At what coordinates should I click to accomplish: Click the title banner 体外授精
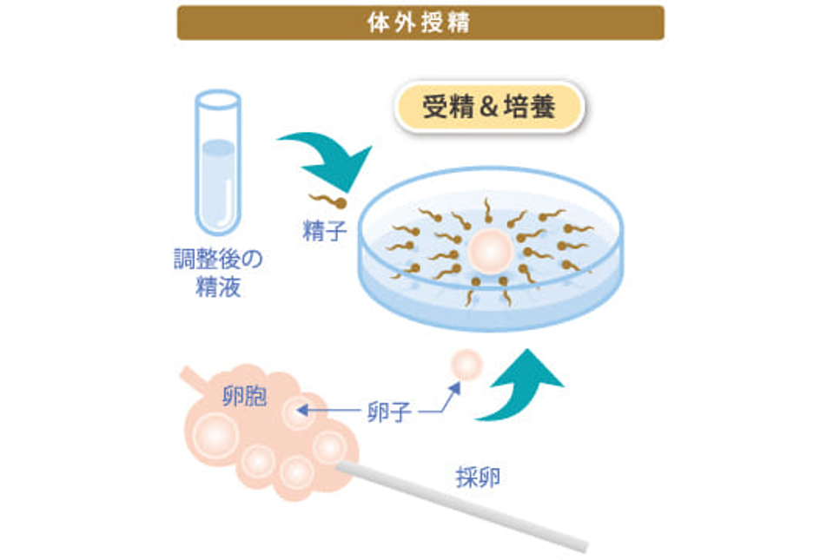[420, 23]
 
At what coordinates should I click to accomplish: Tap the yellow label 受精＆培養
[489, 107]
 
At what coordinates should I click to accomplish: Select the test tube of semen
[218, 162]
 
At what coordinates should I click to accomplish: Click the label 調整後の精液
[218, 273]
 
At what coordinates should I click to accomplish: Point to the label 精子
[325, 231]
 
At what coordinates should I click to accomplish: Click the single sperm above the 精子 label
[327, 201]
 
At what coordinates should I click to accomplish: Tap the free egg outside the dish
[466, 365]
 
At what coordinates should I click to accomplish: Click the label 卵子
[389, 412]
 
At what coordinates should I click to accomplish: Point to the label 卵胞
[244, 397]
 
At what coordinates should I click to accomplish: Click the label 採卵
[478, 477]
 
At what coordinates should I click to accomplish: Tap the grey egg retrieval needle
[462, 506]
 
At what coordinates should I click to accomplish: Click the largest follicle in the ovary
[215, 436]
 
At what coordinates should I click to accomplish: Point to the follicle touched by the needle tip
[329, 447]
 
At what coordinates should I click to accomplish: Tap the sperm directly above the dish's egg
[487, 210]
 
